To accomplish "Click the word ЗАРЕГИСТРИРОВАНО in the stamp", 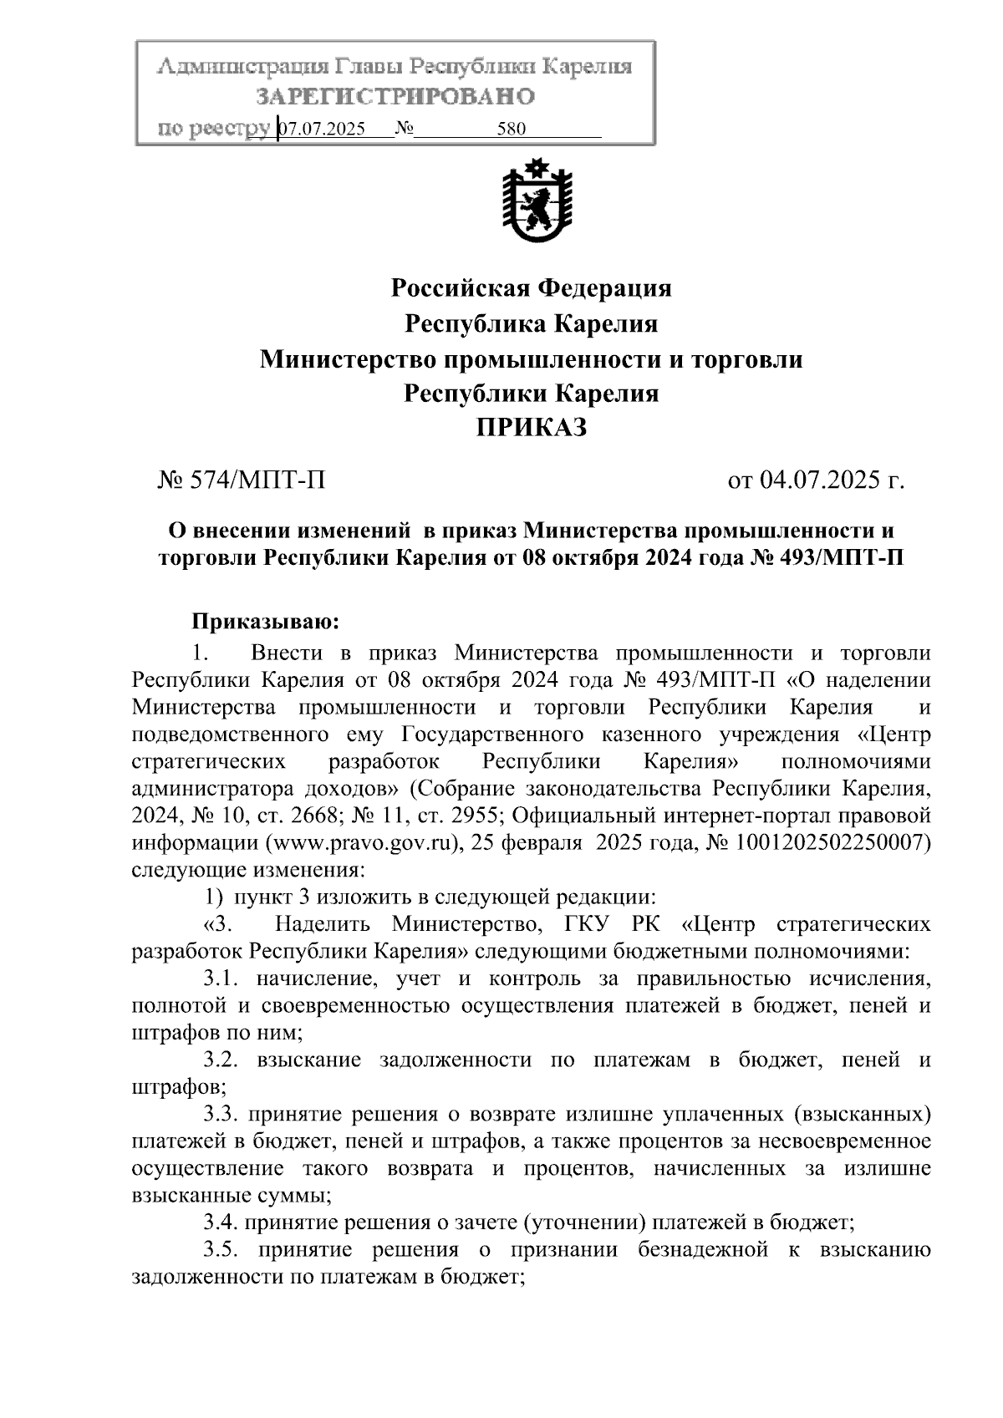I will pyautogui.click(x=395, y=97).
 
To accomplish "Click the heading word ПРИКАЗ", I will pyautogui.click(x=532, y=429).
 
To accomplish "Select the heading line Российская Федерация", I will pyautogui.click(x=532, y=288).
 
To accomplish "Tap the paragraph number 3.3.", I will pyautogui.click(x=221, y=1114).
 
